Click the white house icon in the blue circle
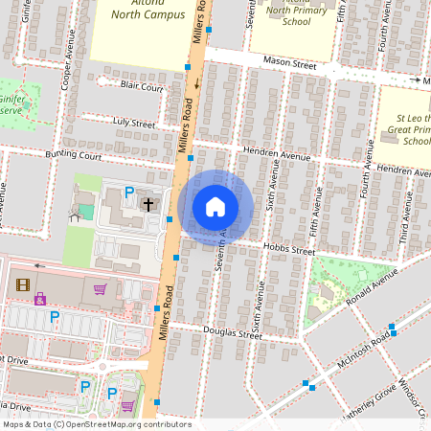pos(215,207)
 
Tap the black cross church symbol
pos(148,203)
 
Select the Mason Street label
pos(290,62)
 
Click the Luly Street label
pos(133,124)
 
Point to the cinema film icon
pos(23,284)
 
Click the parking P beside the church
pos(129,192)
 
